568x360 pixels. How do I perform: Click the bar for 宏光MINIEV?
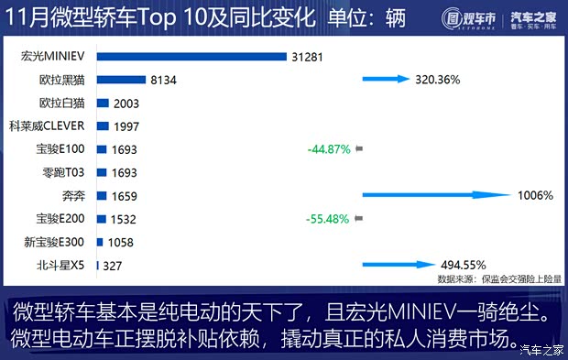192,57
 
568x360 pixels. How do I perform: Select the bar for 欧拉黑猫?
120,81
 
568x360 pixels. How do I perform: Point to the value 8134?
163,81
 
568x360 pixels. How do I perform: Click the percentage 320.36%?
436,80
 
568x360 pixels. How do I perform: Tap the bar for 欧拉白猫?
103,104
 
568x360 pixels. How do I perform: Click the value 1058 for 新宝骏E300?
120,243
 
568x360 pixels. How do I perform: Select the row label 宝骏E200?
60,219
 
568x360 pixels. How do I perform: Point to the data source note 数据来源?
499,278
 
